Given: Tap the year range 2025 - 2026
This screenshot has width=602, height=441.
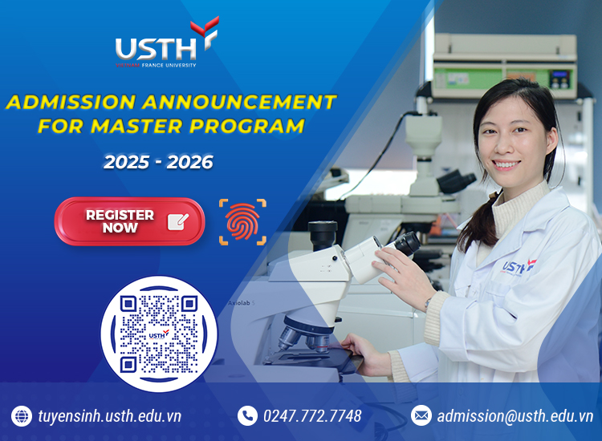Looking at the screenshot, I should pyautogui.click(x=158, y=162).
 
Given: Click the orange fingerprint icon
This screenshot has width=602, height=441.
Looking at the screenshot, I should pyautogui.click(x=242, y=221).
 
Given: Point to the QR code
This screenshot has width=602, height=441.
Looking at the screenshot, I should pyautogui.click(x=158, y=334).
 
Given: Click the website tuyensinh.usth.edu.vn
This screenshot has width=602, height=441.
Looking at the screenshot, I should pyautogui.click(x=109, y=415).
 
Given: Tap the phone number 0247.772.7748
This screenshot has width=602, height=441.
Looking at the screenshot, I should pyautogui.click(x=311, y=415).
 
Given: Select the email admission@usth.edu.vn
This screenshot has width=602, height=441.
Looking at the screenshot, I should pyautogui.click(x=515, y=415).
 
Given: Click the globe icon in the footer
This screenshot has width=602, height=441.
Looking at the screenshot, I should pyautogui.click(x=21, y=415).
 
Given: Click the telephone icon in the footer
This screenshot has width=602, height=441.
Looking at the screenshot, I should pyautogui.click(x=246, y=415).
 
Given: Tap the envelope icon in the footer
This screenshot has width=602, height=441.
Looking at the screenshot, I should pyautogui.click(x=421, y=415).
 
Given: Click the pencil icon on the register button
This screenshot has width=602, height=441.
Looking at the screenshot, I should pyautogui.click(x=178, y=221).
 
